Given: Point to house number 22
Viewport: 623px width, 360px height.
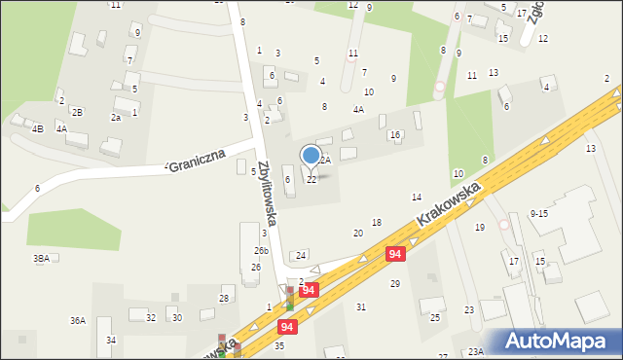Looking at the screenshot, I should tap(311, 180).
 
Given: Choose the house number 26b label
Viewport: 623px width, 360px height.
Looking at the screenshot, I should tap(261, 251).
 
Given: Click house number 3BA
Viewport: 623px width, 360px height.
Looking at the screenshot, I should tap(41, 258).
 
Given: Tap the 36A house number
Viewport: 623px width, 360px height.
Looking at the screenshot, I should tap(77, 320).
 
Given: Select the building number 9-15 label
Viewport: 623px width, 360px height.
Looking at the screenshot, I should tap(539, 213).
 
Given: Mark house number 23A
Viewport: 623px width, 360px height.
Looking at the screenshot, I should tap(475, 352).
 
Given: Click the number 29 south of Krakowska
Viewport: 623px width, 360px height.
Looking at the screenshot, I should tap(395, 283).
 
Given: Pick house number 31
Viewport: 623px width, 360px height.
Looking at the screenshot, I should tap(361, 307).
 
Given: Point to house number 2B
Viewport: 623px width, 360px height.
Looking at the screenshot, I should tap(77, 113).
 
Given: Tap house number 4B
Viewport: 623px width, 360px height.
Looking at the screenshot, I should tap(37, 128).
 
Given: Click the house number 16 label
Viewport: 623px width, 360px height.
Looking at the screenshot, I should tap(395, 135).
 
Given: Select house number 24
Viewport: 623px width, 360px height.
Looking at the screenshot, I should tap(301, 255).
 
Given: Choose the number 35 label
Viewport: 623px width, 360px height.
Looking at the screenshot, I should tap(279, 345).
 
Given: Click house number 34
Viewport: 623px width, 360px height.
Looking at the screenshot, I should tap(111, 340).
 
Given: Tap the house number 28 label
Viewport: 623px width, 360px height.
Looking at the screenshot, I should tap(224, 298).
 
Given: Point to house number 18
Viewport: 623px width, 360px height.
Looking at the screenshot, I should tap(376, 223).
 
